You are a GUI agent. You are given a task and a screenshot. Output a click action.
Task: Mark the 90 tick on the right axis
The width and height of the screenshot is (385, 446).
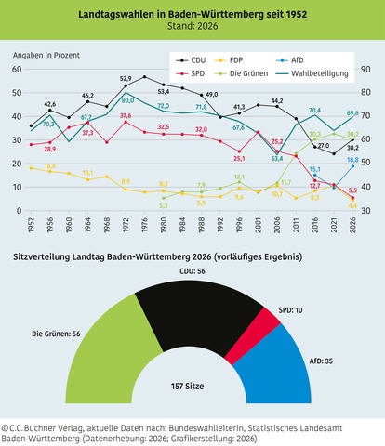tap(365, 70)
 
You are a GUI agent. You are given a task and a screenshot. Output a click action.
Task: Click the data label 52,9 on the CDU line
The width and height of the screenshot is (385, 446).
tap(126, 79)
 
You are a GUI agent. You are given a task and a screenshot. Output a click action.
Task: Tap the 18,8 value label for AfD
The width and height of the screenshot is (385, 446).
tap(353, 160)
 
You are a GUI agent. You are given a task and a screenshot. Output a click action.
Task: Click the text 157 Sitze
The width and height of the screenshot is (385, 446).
tap(192, 383)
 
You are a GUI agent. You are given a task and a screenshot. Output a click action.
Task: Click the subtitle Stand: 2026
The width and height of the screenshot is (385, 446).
tap(192, 26)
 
